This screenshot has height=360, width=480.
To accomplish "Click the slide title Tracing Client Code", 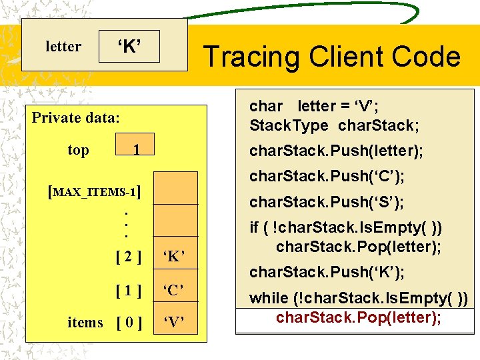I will coord(331,57).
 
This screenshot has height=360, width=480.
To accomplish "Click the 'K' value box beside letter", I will coord(129,47).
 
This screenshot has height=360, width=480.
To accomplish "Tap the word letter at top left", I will coord(63,47).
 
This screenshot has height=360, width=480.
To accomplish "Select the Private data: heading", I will coord(76,118).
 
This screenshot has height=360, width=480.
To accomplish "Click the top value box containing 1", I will coord(135,150).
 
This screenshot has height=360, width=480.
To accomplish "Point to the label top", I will coord(78,150).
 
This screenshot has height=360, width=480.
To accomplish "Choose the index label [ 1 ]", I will coord(129,290).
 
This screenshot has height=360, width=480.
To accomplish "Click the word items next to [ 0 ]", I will coord(85,323).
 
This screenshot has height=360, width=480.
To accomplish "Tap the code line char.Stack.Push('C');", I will coord(327,177).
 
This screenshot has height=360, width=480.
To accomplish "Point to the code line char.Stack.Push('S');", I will coord(327,201).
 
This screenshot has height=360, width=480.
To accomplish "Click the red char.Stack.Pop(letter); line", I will coord(358,317).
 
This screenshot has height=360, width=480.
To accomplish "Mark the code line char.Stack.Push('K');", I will coord(327,272).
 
